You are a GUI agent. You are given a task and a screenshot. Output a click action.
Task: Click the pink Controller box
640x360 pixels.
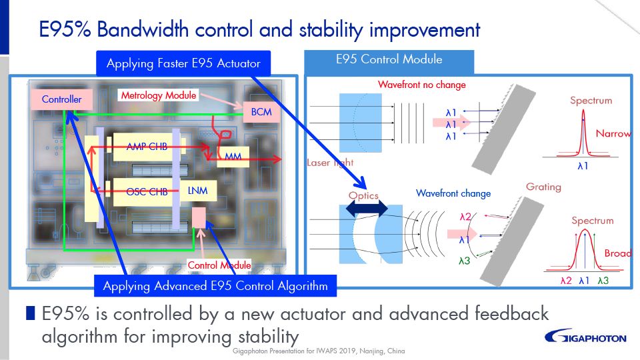(61, 99)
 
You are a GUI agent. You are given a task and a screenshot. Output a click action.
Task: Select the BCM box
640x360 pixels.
(261, 111)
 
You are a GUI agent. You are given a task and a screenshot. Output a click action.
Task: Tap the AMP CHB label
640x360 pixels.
(147, 147)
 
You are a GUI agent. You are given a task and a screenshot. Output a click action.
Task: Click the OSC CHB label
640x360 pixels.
(147, 192)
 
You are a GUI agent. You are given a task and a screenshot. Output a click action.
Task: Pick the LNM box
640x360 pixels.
(198, 191)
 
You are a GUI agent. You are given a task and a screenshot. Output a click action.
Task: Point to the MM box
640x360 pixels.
(233, 157)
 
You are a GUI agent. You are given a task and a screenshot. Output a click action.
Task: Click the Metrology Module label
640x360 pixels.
(159, 95)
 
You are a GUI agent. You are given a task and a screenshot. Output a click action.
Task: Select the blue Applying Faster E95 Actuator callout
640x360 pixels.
(183, 64)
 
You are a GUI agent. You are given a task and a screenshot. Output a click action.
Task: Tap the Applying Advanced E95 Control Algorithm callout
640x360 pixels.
(215, 286)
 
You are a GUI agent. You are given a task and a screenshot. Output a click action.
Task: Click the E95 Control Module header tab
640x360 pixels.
(389, 60)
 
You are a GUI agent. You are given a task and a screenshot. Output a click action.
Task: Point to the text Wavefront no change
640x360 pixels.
(422, 85)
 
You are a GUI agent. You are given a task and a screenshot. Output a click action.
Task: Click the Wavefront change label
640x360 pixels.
(453, 193)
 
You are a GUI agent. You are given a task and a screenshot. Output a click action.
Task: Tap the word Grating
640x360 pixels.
(543, 187)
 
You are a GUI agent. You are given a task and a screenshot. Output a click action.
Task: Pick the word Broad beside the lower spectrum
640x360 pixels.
(618, 253)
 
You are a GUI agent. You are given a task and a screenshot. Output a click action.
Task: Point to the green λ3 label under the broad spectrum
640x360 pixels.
(603, 281)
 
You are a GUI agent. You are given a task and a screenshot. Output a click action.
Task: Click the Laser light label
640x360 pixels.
(331, 162)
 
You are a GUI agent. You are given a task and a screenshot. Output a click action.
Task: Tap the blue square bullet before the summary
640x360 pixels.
(31, 313)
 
